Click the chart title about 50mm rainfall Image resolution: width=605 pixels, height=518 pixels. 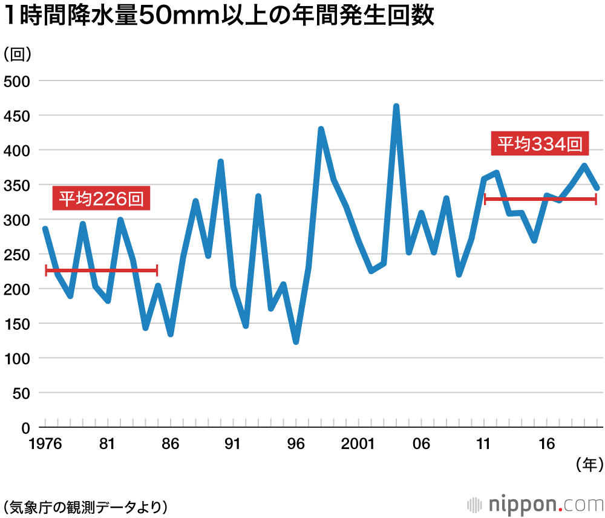219,17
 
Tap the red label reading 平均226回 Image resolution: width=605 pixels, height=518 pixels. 101,198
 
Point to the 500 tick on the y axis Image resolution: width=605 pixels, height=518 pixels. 17,80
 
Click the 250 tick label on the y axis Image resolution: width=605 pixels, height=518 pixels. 17,254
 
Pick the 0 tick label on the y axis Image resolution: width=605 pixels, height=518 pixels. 25,428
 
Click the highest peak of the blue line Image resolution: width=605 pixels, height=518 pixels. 396,107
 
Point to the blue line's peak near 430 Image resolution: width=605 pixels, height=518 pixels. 321,129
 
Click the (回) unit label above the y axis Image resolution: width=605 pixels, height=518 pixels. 18,54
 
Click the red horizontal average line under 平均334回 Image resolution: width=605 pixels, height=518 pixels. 540,198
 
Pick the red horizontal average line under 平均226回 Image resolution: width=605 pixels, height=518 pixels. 101,270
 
